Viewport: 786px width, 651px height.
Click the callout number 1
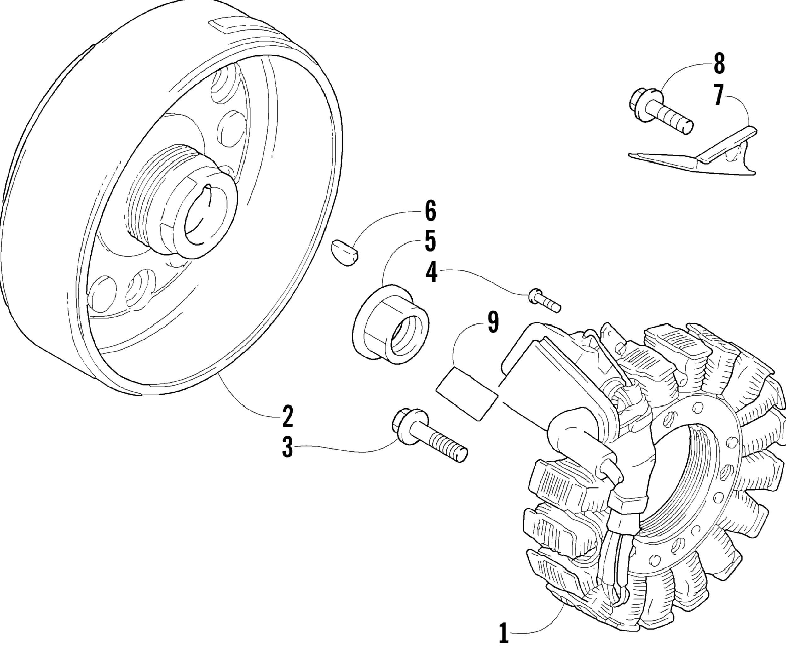(504, 633)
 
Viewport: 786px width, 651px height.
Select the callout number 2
(287, 416)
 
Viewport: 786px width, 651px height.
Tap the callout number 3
(287, 447)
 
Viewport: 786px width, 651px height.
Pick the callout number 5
(431, 241)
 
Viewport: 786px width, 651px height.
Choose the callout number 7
(718, 96)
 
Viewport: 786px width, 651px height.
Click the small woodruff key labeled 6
(345, 253)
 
